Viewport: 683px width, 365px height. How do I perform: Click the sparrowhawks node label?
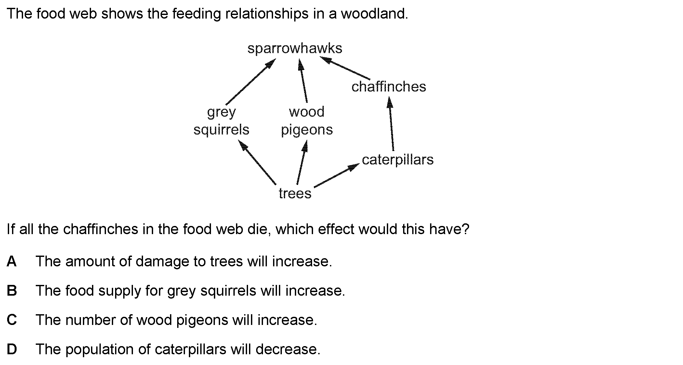[295, 49]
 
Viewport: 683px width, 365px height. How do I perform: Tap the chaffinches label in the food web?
[388, 87]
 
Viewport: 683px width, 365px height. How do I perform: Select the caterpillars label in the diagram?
[398, 160]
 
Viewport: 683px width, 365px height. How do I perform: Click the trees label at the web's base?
[295, 193]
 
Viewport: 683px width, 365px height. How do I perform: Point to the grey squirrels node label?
[221, 121]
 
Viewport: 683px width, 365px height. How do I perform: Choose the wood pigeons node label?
[307, 121]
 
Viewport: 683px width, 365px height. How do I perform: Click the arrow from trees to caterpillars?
[336, 175]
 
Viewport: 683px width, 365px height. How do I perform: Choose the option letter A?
[11, 261]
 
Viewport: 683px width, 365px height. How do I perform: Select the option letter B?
[12, 291]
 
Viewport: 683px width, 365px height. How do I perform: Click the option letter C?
[12, 320]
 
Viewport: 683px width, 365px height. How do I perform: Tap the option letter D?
[12, 349]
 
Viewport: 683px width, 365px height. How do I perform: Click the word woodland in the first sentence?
[374, 14]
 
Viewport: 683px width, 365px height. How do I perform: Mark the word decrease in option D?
[288, 349]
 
